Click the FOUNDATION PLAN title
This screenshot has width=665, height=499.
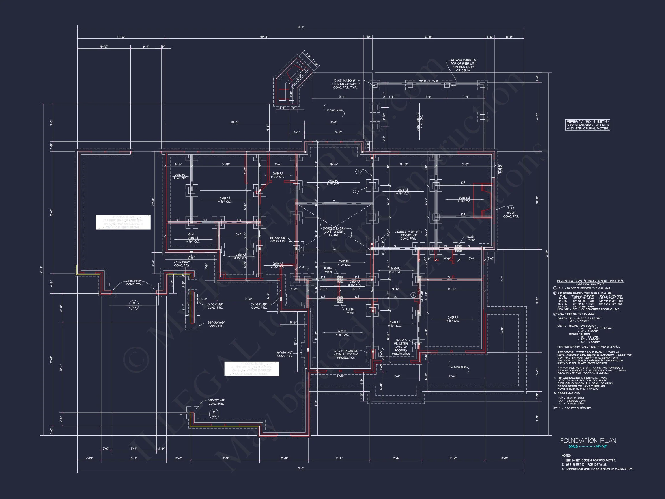point(588,441)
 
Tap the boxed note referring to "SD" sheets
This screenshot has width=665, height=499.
point(588,125)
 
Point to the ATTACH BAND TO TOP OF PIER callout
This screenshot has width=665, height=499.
point(463,65)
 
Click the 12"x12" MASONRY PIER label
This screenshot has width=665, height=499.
point(346,84)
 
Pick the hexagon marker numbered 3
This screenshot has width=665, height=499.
point(511,208)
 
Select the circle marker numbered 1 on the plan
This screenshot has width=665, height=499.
point(358,172)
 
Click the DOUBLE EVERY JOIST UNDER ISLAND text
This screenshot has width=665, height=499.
point(334,232)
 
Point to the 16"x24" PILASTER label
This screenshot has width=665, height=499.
point(346,354)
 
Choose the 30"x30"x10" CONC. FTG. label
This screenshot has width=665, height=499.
point(216,402)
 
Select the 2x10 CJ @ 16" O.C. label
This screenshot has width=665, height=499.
point(462,200)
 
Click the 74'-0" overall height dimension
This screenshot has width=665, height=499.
point(547,254)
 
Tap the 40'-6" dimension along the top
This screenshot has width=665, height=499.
point(264,37)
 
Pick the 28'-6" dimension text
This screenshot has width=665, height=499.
point(234,122)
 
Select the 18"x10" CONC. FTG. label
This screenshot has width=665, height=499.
point(511,215)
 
